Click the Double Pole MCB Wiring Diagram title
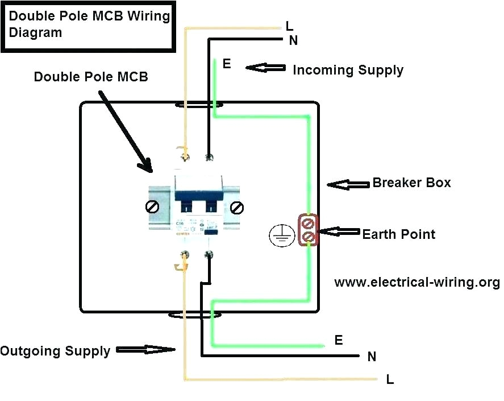coord(89,24)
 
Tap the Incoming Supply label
coord(348,71)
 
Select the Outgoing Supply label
coord(55,351)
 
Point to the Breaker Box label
coord(411,183)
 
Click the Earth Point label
coord(399,234)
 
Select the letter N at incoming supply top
coord(293,40)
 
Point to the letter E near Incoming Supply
coord(227,64)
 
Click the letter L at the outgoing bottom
coord(390,380)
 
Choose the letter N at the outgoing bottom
coord(372,357)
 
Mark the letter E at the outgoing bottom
coord(339,341)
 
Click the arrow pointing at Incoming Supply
coord(265,68)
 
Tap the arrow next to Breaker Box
coord(348,184)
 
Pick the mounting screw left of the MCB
coord(152,208)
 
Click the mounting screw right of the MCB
coord(237,208)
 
